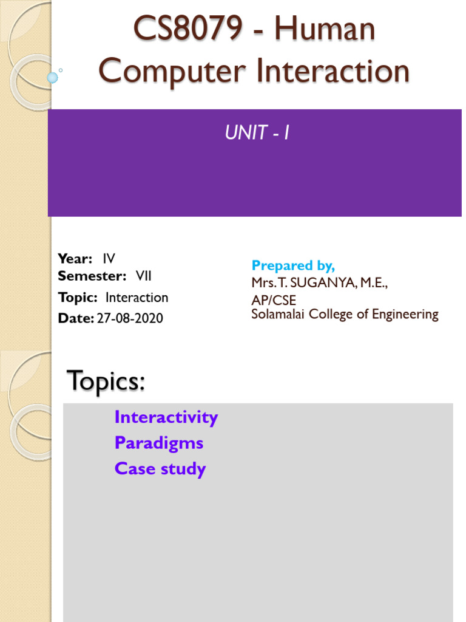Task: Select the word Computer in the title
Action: (x=172, y=72)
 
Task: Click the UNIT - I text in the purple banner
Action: (x=257, y=133)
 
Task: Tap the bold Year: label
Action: (x=75, y=259)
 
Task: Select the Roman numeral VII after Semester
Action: (x=143, y=276)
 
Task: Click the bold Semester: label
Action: (x=92, y=276)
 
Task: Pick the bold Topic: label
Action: (x=78, y=298)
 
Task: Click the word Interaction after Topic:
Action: (x=137, y=298)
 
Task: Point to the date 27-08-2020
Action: (x=130, y=318)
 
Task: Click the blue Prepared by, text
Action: (x=293, y=265)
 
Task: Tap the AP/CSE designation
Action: (x=274, y=301)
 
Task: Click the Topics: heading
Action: (x=106, y=381)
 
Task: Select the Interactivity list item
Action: (x=166, y=417)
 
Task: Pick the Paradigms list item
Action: (x=158, y=443)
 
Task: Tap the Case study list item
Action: (x=160, y=469)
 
